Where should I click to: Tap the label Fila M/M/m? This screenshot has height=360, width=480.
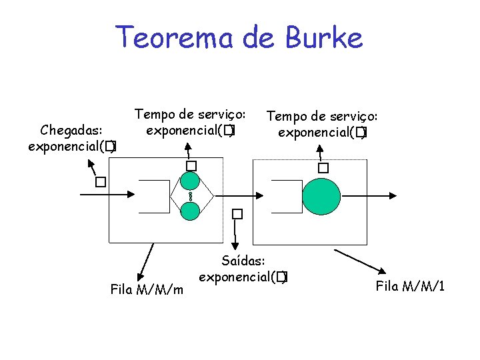pos(147,289)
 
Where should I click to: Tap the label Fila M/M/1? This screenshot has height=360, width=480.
pos(411,287)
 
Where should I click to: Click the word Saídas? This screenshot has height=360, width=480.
pos(244,259)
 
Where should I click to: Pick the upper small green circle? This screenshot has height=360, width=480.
pos(191,181)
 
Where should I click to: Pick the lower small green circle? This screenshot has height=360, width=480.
pos(191,211)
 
